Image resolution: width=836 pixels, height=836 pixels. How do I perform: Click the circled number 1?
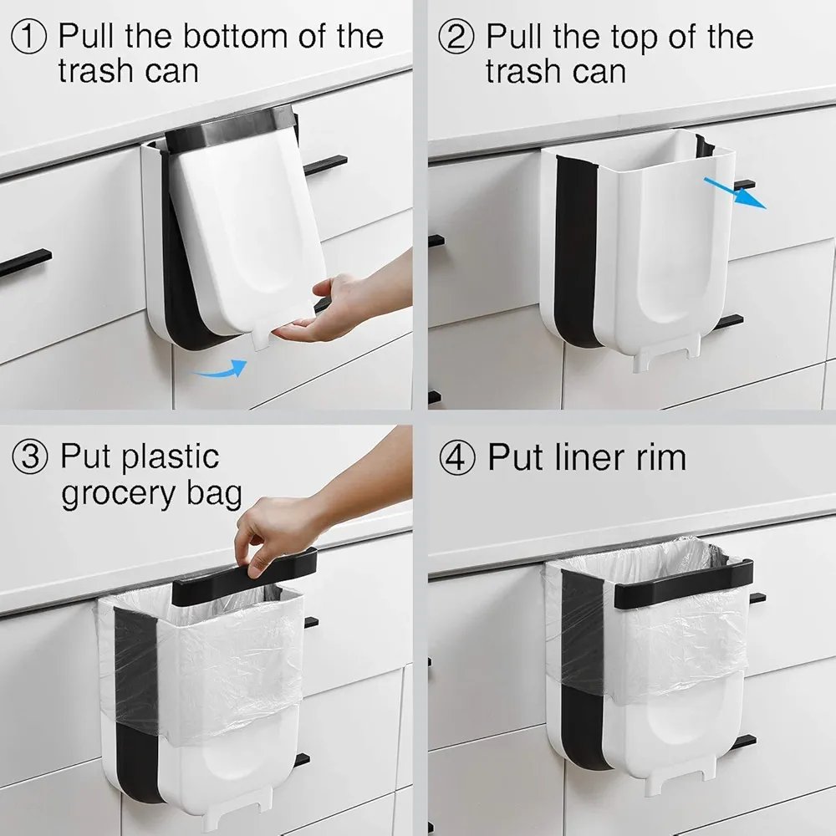coord(29,36)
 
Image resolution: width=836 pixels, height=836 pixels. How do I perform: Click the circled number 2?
coord(456,36)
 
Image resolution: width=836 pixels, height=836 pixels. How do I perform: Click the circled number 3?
coord(30,457)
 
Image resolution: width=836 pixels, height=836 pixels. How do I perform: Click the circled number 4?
coord(457,458)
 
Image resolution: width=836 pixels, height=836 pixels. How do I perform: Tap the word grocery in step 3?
coord(119,495)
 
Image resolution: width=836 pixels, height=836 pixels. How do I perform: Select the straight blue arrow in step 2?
coord(735,192)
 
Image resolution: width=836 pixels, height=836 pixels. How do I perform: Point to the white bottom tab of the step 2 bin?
coord(666,356)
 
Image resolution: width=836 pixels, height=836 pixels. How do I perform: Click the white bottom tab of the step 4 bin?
coord(681,775)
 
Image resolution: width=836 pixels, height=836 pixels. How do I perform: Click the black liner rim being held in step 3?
coord(243,579)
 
